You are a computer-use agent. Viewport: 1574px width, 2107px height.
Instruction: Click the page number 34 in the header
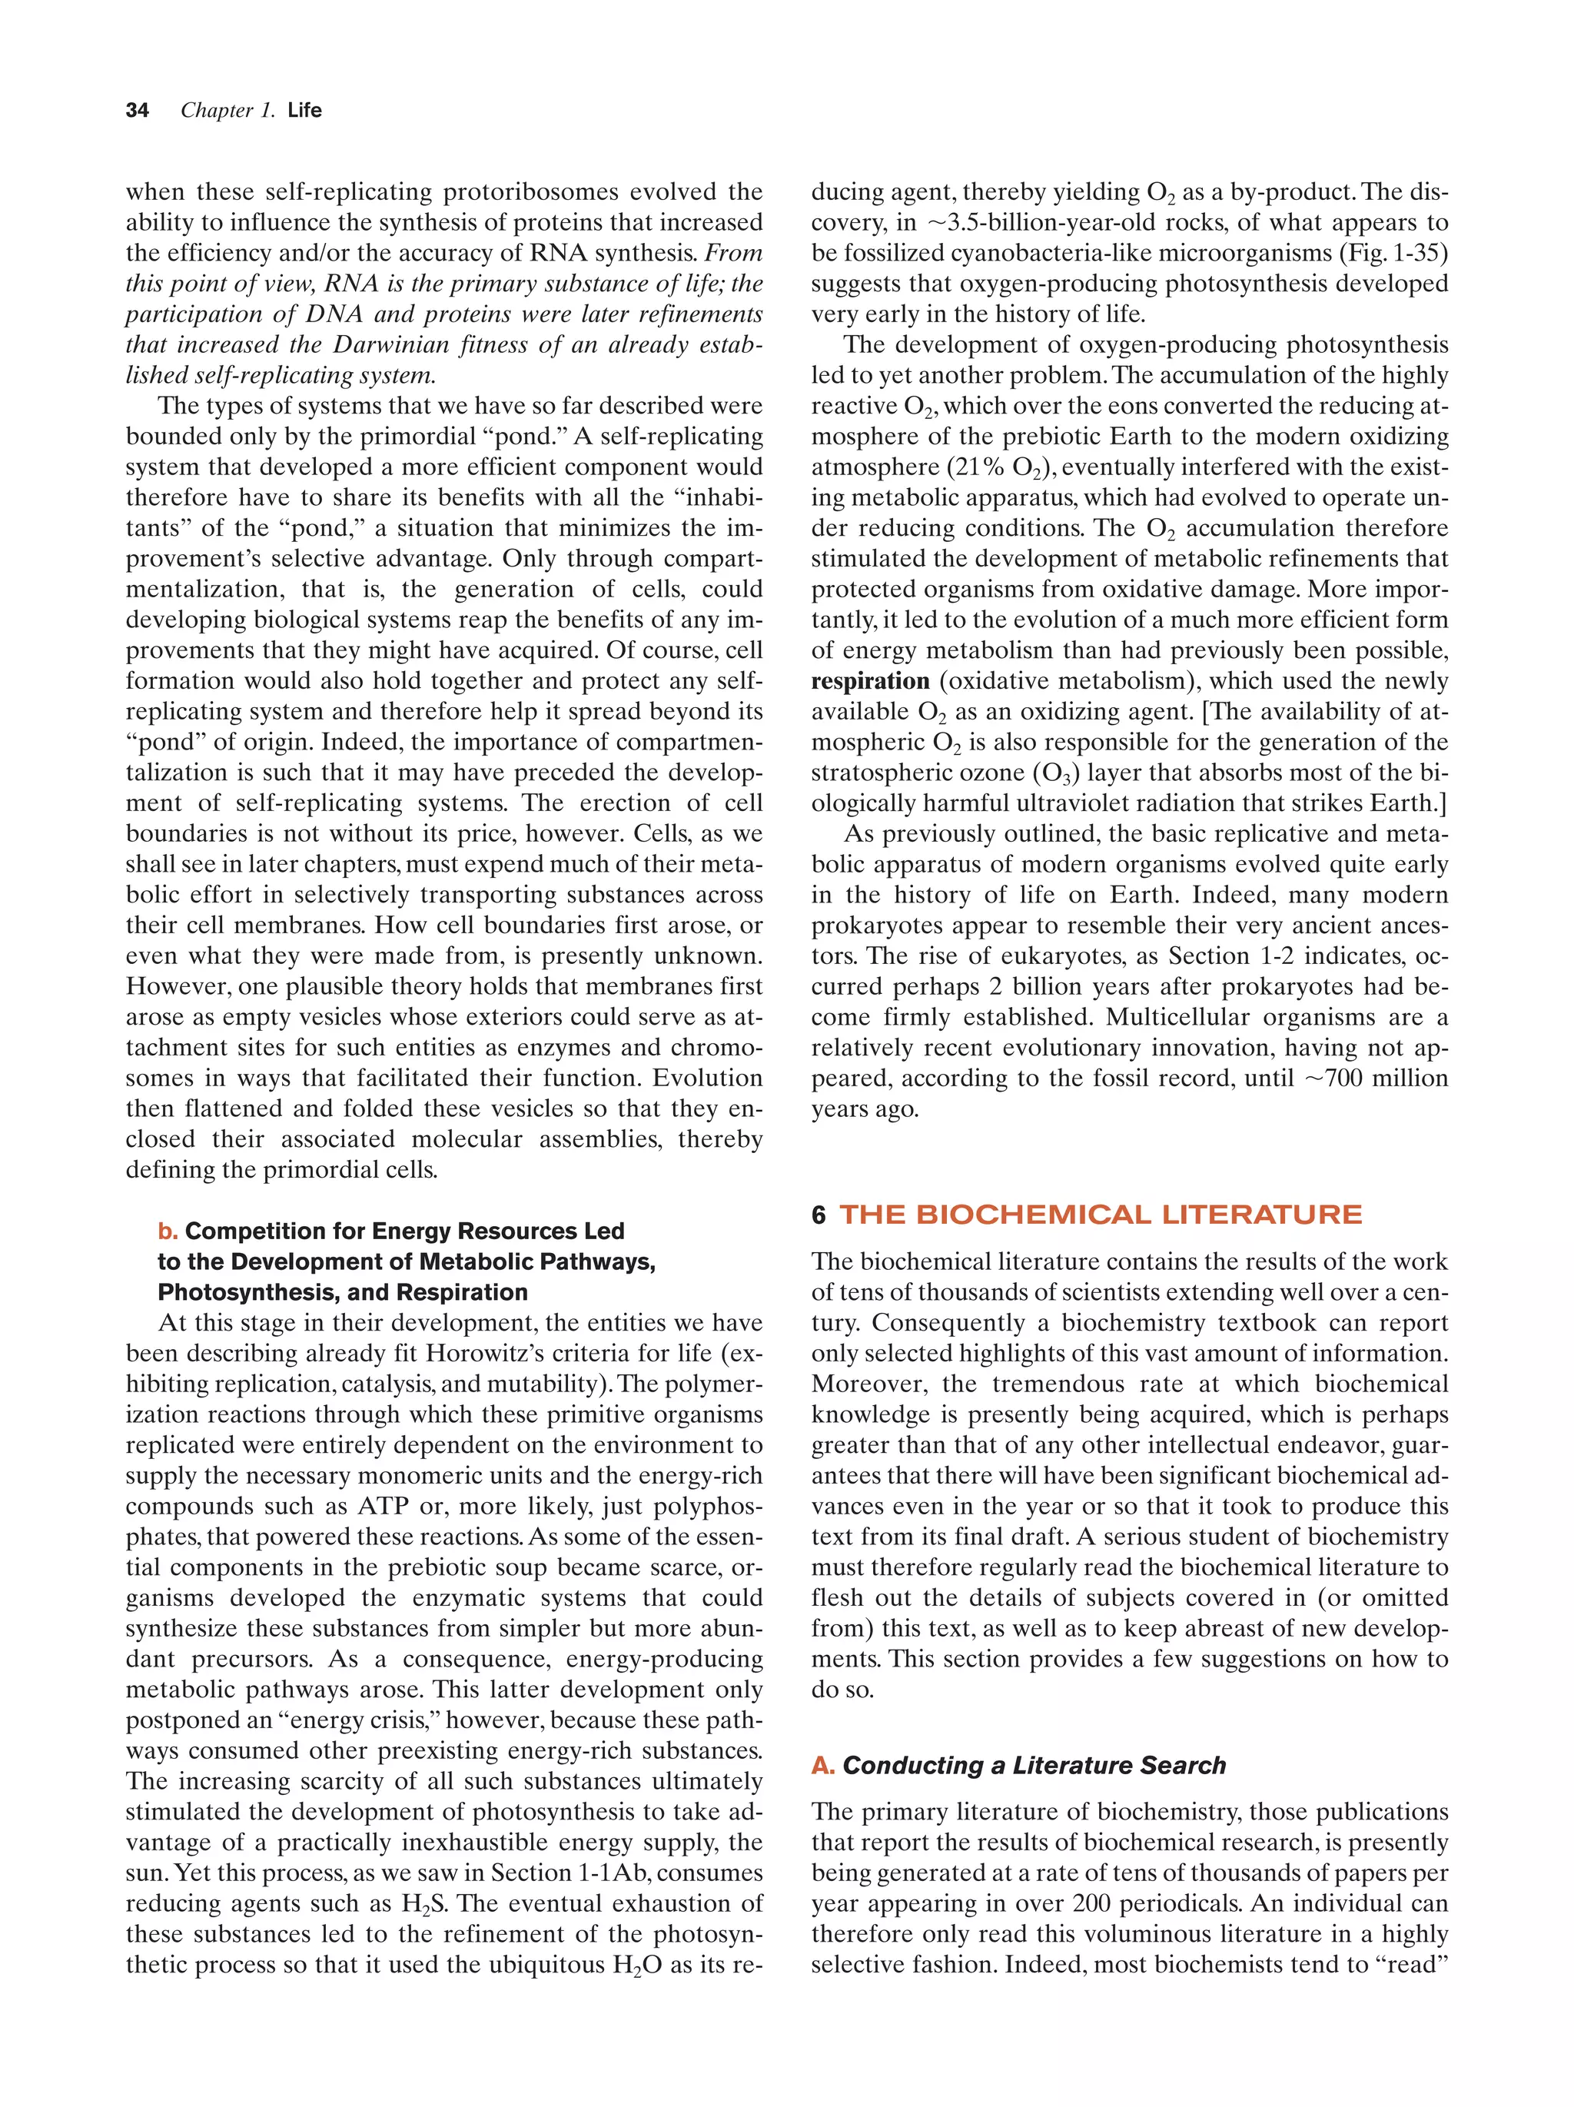pyautogui.click(x=137, y=111)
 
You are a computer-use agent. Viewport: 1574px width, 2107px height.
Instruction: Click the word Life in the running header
pyautogui.click(x=304, y=111)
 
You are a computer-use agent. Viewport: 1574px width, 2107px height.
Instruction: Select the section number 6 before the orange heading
pyautogui.click(x=818, y=1215)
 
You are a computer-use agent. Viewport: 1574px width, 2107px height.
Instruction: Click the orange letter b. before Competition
pyautogui.click(x=168, y=1231)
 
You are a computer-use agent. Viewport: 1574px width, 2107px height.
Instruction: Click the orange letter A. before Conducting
pyautogui.click(x=822, y=1765)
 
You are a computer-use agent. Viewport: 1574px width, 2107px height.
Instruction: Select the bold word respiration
pyautogui.click(x=869, y=681)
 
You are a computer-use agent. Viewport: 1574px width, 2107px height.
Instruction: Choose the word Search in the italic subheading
pyautogui.click(x=1184, y=1765)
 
